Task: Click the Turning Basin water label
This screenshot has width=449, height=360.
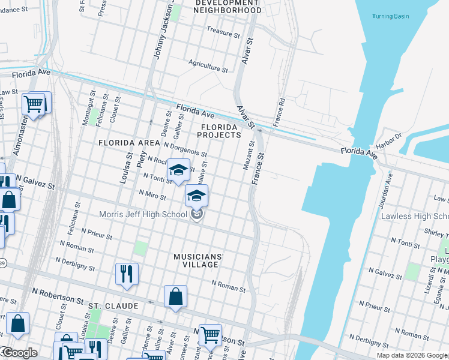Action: (390, 16)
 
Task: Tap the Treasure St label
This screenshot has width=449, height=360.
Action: (223, 29)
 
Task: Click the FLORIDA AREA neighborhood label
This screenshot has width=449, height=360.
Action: (128, 143)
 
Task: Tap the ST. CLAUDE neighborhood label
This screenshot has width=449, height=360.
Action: (113, 306)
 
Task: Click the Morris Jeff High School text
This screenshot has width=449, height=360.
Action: (143, 214)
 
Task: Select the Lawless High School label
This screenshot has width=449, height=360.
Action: (414, 216)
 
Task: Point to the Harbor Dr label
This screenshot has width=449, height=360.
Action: (390, 140)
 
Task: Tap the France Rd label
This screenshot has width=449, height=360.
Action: (279, 108)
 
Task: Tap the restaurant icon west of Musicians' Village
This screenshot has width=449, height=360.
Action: (127, 274)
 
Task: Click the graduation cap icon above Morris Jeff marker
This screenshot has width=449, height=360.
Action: (197, 196)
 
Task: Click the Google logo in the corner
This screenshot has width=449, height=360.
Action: (19, 353)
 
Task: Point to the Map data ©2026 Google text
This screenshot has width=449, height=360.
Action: (411, 355)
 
